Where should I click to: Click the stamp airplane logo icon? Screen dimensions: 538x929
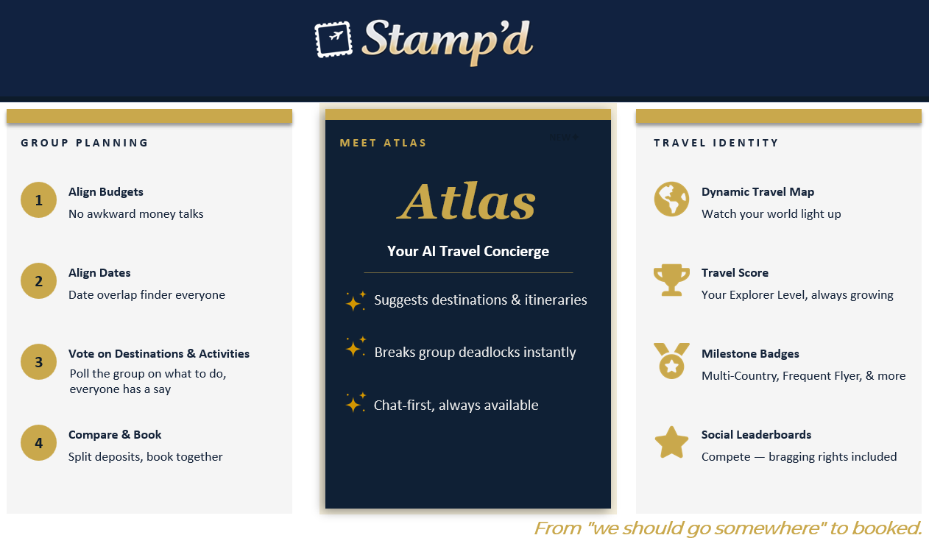333,38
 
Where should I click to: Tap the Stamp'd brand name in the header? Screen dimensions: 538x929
448,40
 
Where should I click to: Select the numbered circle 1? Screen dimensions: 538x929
39,200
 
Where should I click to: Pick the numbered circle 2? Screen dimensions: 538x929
39,281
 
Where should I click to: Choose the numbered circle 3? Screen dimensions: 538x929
39,362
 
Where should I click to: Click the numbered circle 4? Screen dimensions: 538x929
39,443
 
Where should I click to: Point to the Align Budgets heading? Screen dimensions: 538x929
106,192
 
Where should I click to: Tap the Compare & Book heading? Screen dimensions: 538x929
115,435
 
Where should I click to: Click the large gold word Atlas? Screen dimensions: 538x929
467,201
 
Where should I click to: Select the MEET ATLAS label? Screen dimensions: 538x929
383,143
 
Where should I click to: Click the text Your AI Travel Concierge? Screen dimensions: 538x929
468,252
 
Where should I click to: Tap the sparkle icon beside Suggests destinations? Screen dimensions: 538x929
356,300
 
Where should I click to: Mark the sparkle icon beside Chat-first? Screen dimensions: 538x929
356,402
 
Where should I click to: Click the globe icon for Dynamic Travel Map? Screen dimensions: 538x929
671,199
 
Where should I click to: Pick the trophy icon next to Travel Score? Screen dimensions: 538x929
671,280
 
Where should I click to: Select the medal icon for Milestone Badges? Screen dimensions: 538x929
671,361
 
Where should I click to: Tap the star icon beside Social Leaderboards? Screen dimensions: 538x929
671,442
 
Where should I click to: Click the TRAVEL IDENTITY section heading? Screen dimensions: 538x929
716,143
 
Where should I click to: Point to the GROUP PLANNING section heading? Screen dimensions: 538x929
85,143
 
